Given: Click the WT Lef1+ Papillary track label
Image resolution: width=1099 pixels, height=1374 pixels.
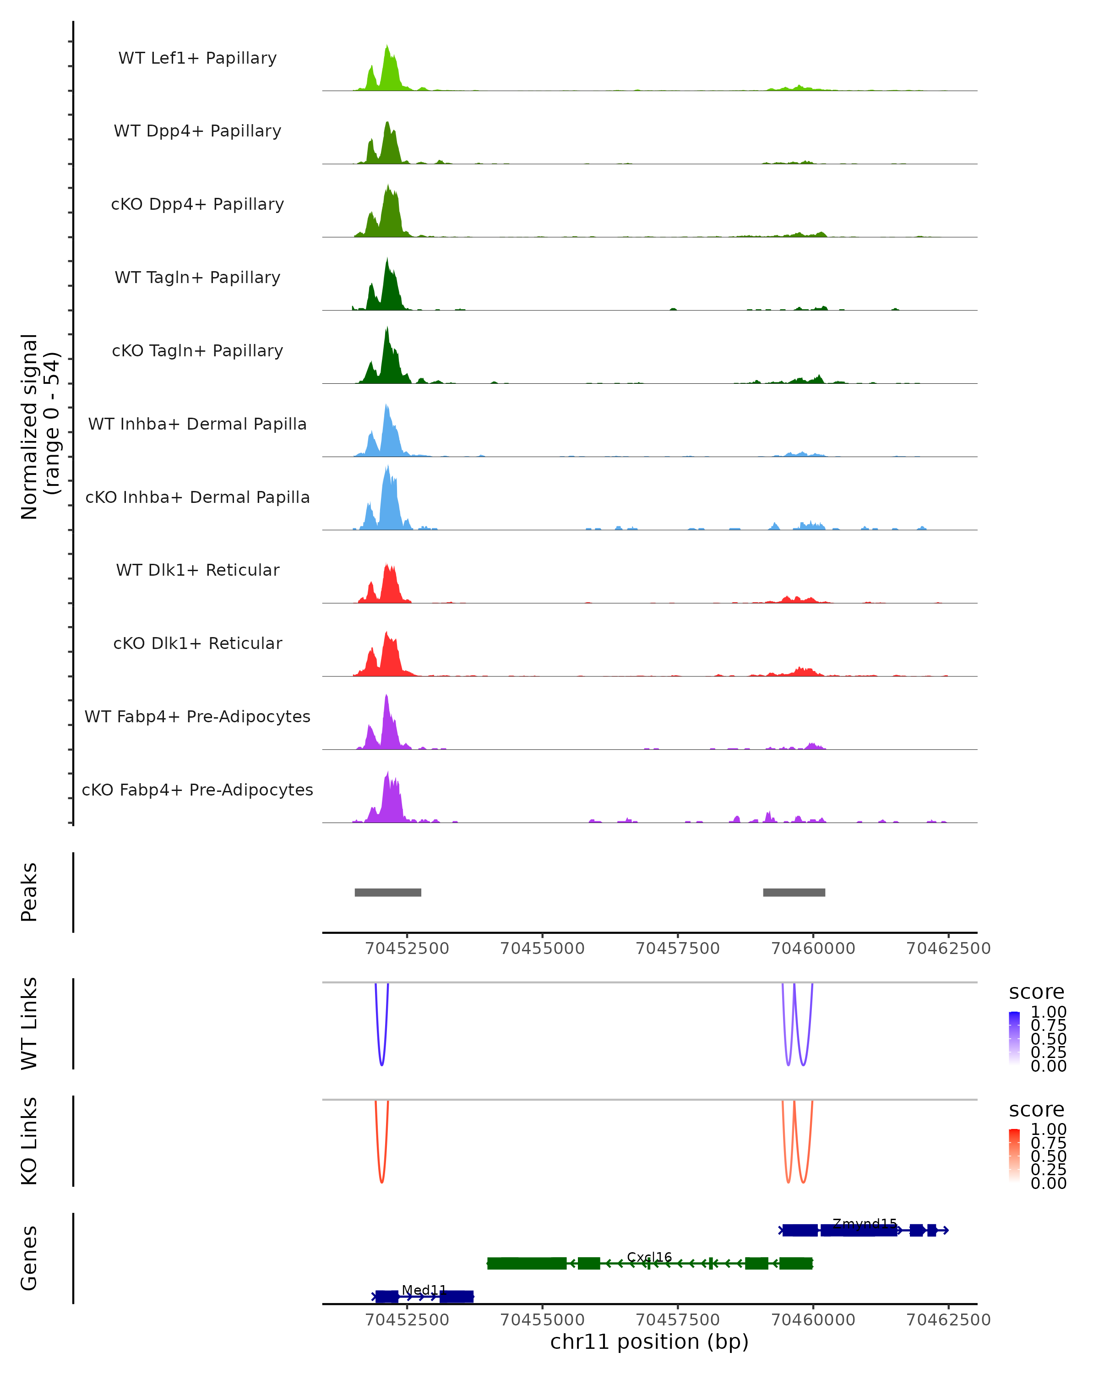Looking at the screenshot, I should (x=197, y=58).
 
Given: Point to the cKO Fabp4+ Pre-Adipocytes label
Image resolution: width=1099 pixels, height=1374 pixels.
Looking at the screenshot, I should (x=197, y=790).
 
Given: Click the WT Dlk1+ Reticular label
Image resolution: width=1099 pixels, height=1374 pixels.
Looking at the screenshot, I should (x=197, y=570).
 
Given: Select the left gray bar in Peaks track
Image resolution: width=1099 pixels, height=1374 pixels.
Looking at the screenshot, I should (x=387, y=892).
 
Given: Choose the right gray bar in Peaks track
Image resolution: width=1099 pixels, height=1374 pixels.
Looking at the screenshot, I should (x=794, y=892).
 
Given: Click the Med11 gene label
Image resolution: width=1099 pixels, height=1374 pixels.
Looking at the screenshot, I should (x=424, y=1290).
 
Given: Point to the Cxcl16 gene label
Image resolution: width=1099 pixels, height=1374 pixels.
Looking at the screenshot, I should (x=649, y=1257).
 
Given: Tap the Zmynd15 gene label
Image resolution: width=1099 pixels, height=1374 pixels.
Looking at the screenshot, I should (x=865, y=1224).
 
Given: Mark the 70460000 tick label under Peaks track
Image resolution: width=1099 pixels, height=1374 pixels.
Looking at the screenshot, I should (x=813, y=949).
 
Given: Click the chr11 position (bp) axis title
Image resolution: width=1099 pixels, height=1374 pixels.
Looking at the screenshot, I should (x=649, y=1341).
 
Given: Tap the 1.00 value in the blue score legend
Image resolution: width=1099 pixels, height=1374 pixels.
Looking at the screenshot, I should (x=1049, y=1012).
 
